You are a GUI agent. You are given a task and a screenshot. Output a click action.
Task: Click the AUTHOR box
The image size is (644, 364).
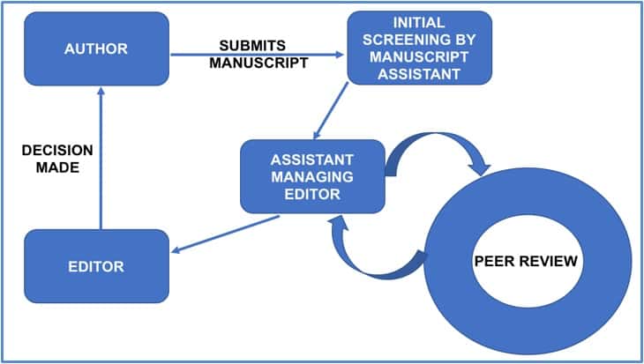tap(97, 48)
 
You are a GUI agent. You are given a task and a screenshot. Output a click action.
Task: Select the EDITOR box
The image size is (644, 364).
tap(96, 265)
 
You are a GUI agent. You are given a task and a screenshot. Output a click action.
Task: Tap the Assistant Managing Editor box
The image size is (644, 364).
tap(312, 176)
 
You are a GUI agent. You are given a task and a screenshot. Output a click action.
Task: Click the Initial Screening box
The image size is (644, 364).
tap(418, 48)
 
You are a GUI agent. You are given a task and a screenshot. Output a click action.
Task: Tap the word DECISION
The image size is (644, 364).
tap(57, 150)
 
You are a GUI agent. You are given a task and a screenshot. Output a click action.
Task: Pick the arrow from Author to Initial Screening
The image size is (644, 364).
tap(256, 55)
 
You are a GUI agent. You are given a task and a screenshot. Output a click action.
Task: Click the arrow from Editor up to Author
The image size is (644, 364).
tap(101, 159)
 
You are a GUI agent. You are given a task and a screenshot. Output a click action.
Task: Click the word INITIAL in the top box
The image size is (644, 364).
tap(418, 21)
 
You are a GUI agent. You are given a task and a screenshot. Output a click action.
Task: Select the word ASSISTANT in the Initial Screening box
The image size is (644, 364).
tap(418, 74)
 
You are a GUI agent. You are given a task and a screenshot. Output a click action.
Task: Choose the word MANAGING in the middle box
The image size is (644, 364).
tap(312, 176)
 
